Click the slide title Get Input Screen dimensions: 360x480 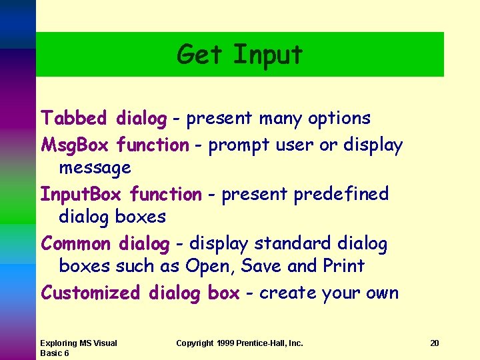pyautogui.click(x=239, y=55)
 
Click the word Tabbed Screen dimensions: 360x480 pyautogui.click(x=73, y=119)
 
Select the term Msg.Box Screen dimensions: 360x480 pyautogui.click(x=75, y=145)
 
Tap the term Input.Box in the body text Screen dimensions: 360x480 pyautogui.click(x=82, y=195)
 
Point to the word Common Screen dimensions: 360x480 pyautogui.click(x=76, y=244)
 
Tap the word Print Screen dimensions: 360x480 pyautogui.click(x=343, y=266)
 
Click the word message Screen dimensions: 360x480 pyautogui.click(x=95, y=168)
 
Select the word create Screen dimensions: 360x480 pyautogui.click(x=288, y=293)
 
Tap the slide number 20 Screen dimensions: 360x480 pyautogui.click(x=435, y=343)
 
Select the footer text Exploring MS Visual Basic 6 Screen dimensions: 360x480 pyautogui.click(x=78, y=348)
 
